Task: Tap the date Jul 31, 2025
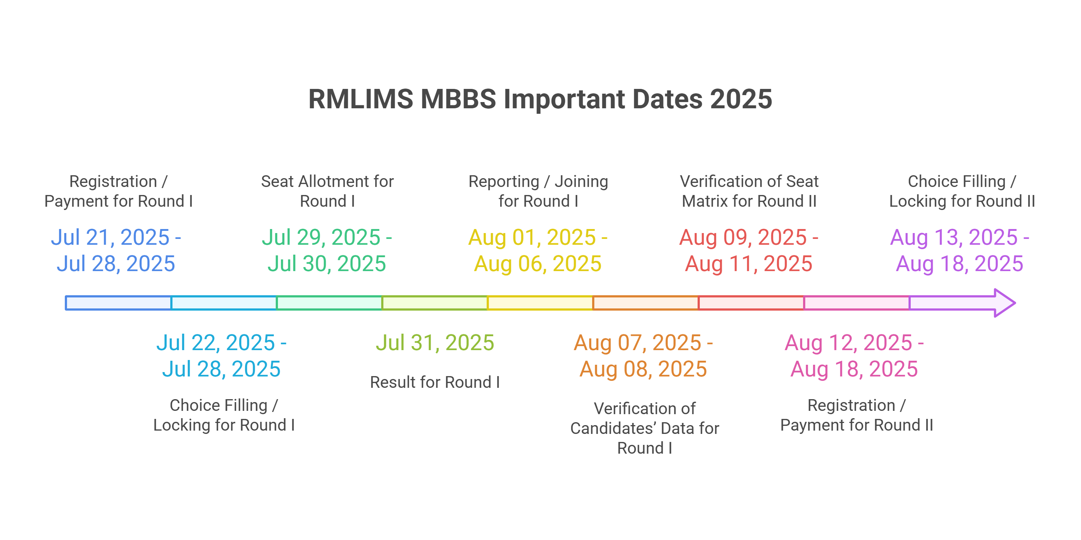click(435, 342)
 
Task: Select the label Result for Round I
click(435, 382)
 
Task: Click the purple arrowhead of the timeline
click(1004, 303)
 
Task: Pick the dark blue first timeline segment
click(118, 303)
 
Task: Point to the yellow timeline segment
click(540, 303)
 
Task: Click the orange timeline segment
click(645, 303)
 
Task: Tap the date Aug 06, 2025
click(538, 264)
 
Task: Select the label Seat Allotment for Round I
click(327, 191)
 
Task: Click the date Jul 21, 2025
click(110, 237)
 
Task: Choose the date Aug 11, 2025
click(748, 264)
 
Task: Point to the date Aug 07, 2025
click(638, 342)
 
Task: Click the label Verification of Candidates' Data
click(644, 428)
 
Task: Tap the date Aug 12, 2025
click(848, 342)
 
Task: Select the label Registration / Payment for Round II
click(857, 415)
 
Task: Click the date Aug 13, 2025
click(954, 237)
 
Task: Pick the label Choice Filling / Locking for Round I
click(224, 415)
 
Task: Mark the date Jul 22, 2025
click(215, 342)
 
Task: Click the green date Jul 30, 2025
click(327, 264)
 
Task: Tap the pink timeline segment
click(857, 303)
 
